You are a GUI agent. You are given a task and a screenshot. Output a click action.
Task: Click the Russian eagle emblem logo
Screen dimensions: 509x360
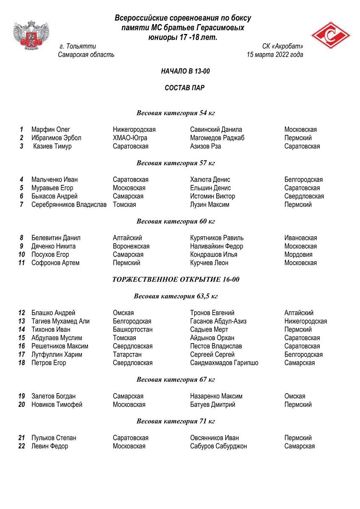(x=31, y=35)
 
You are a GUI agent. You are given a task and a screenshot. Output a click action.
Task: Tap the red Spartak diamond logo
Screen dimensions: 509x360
(x=331, y=36)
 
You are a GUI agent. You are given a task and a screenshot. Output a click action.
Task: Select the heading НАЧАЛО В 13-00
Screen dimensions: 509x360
(x=185, y=71)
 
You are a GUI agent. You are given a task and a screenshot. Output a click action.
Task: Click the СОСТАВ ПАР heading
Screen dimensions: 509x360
(x=184, y=88)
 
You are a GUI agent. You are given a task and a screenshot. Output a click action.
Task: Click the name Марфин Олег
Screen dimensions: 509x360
(x=51, y=130)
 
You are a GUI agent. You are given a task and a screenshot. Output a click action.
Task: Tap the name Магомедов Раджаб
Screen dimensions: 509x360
(x=217, y=138)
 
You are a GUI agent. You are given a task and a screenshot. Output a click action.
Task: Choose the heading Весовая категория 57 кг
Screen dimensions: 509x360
(x=176, y=163)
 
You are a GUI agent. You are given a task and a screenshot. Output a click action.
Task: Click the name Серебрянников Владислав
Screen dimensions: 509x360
(x=69, y=204)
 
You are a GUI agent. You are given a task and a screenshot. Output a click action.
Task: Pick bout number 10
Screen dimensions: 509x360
(x=22, y=255)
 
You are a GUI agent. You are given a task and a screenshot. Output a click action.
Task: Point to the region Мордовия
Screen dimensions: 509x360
(x=298, y=255)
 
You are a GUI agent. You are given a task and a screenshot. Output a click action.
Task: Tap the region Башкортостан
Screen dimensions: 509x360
(x=133, y=330)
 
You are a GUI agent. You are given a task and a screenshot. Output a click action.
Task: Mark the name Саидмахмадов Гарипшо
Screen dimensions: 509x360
(x=224, y=363)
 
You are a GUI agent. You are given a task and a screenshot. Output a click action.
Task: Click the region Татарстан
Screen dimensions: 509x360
(x=127, y=355)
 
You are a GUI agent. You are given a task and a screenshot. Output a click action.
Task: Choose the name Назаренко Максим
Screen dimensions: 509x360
(x=216, y=396)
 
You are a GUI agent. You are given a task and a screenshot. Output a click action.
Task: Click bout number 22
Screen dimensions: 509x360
(x=22, y=446)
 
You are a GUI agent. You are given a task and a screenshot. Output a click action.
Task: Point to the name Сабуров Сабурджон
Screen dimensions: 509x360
(x=218, y=446)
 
